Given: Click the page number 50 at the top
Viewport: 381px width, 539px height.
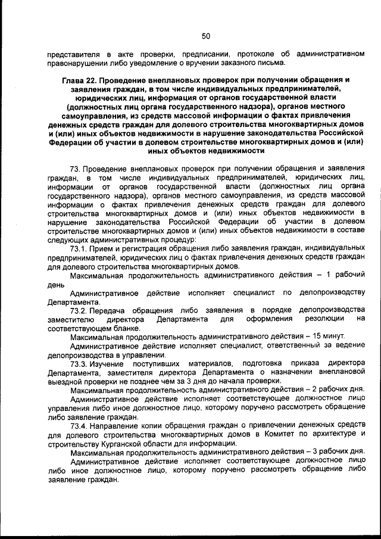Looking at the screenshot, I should pyautogui.click(x=206, y=36).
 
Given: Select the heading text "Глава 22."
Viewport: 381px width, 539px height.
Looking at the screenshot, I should pyautogui.click(x=80, y=80).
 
